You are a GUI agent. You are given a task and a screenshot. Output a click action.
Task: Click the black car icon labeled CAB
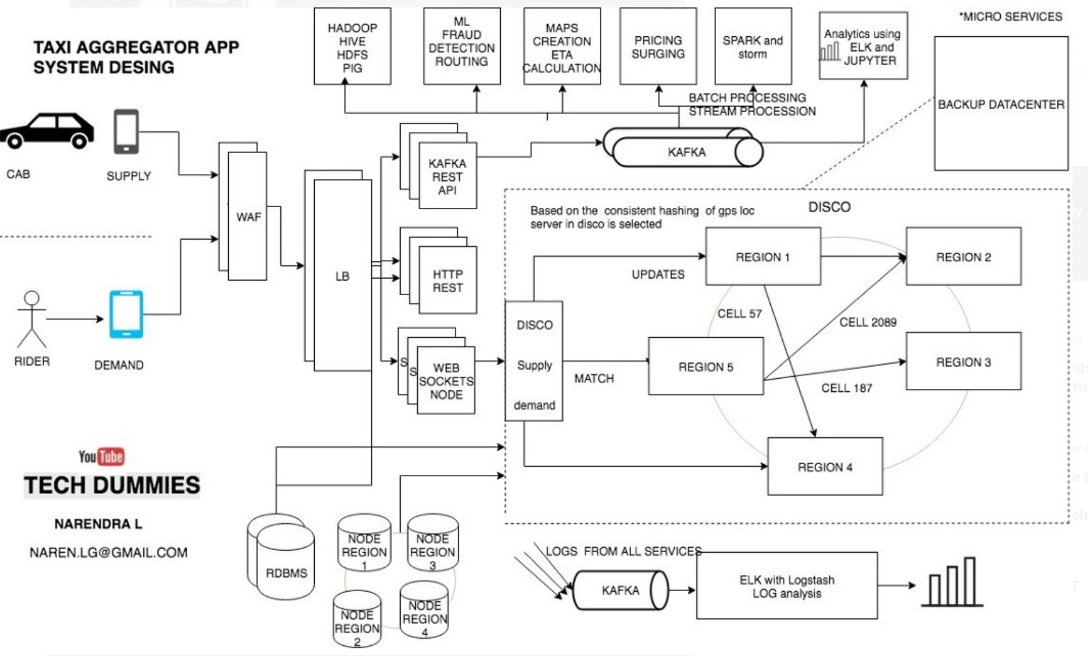pyautogui.click(x=47, y=131)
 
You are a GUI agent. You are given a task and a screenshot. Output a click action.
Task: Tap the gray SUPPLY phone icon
pyautogui.click(x=126, y=132)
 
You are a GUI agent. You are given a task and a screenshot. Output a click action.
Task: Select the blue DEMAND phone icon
pyautogui.click(x=126, y=314)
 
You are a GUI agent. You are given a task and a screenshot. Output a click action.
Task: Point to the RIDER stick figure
pyautogui.click(x=31, y=319)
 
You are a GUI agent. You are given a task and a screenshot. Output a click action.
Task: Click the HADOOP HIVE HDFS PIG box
pyautogui.click(x=352, y=47)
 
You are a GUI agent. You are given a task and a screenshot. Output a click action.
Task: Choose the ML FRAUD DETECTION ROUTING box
pyautogui.click(x=462, y=47)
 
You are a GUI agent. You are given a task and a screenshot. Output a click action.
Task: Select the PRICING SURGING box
pyautogui.click(x=658, y=47)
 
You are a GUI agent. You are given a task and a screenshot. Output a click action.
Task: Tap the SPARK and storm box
pyautogui.click(x=753, y=47)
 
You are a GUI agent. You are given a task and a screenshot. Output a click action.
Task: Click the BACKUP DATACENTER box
pyautogui.click(x=1001, y=104)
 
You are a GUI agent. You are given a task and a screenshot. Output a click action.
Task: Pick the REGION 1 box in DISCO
pyautogui.click(x=762, y=256)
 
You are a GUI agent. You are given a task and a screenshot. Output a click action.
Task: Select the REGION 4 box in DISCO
pyautogui.click(x=825, y=467)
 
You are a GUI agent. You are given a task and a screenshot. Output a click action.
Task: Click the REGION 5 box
pyautogui.click(x=706, y=367)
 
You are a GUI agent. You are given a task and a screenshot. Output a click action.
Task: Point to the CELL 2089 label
pyautogui.click(x=868, y=323)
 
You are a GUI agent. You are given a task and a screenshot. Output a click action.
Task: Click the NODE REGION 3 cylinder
pyautogui.click(x=433, y=544)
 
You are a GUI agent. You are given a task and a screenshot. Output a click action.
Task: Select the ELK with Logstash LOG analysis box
pyautogui.click(x=787, y=586)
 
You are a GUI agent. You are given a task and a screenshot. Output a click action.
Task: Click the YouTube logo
pyautogui.click(x=101, y=456)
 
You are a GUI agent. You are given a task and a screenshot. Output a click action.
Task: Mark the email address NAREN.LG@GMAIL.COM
pyautogui.click(x=108, y=553)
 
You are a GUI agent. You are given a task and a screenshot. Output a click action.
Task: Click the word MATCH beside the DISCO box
pyautogui.click(x=594, y=379)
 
